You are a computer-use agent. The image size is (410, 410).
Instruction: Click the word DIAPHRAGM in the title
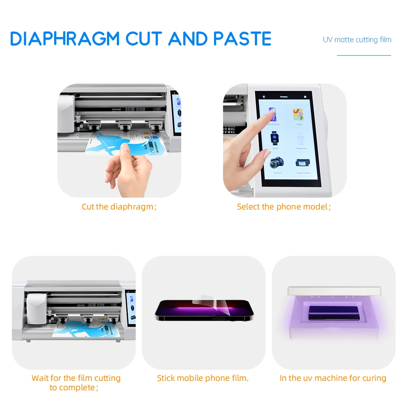pos(65,39)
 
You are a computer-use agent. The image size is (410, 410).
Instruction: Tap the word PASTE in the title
pos(242,39)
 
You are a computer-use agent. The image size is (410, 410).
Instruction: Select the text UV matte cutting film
pos(357,40)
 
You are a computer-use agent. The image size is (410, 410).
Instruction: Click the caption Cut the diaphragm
pos(119,207)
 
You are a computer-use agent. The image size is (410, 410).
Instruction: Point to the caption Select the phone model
pos(284,207)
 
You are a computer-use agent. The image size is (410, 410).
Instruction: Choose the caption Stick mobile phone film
pos(203,378)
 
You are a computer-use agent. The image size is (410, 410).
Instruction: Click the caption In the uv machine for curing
pos(333,378)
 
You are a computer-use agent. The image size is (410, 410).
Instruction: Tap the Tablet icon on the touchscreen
pos(299,114)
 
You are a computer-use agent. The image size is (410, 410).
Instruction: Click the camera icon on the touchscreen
pos(276,163)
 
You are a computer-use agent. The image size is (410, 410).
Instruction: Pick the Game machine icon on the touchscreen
pos(303,163)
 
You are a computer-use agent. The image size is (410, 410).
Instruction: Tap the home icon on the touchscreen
pos(305,97)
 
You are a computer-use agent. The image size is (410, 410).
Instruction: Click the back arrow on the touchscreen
pos(264,97)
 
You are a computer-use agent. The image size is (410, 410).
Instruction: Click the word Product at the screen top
pos(284,97)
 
